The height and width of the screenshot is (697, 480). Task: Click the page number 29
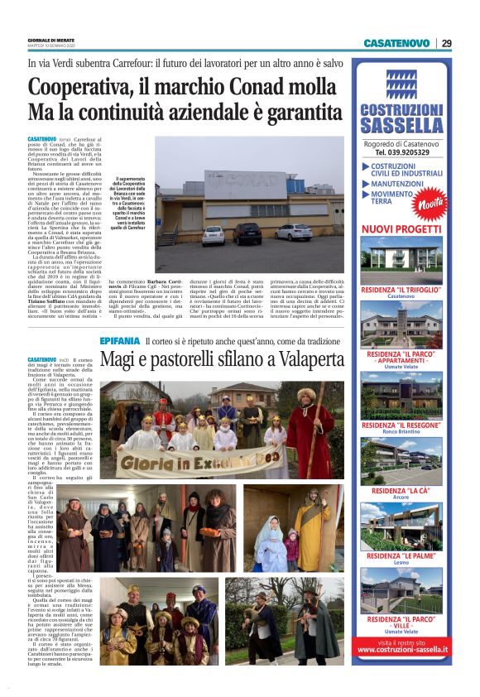446,43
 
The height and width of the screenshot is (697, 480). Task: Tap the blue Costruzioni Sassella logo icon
402,84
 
